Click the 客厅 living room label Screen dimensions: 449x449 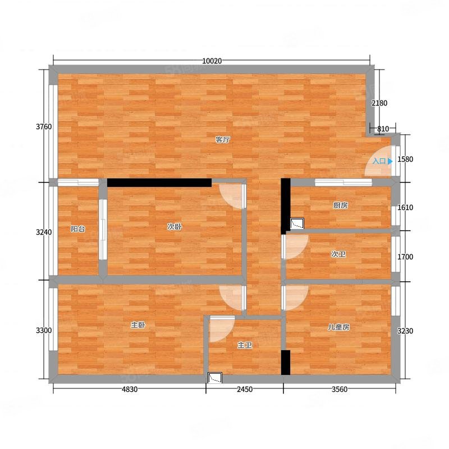222,140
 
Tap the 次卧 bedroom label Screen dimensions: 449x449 175,227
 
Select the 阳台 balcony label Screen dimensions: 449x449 78,229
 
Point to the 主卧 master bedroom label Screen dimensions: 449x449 138,325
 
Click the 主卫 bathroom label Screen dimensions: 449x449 245,345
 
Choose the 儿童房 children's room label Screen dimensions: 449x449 338,327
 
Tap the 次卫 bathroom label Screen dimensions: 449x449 338,254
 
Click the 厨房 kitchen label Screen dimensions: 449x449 341,205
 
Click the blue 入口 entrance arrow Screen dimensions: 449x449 390,161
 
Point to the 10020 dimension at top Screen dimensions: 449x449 212,61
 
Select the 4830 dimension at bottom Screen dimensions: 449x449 130,389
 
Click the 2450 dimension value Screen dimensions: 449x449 245,389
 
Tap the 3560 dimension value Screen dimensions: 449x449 340,389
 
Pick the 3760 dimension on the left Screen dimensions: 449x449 44,127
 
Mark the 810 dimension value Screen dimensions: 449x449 383,129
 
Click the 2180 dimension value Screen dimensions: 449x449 379,103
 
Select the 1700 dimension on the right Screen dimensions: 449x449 405,257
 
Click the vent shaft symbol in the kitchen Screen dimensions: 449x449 297,223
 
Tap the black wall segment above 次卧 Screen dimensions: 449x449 159,183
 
